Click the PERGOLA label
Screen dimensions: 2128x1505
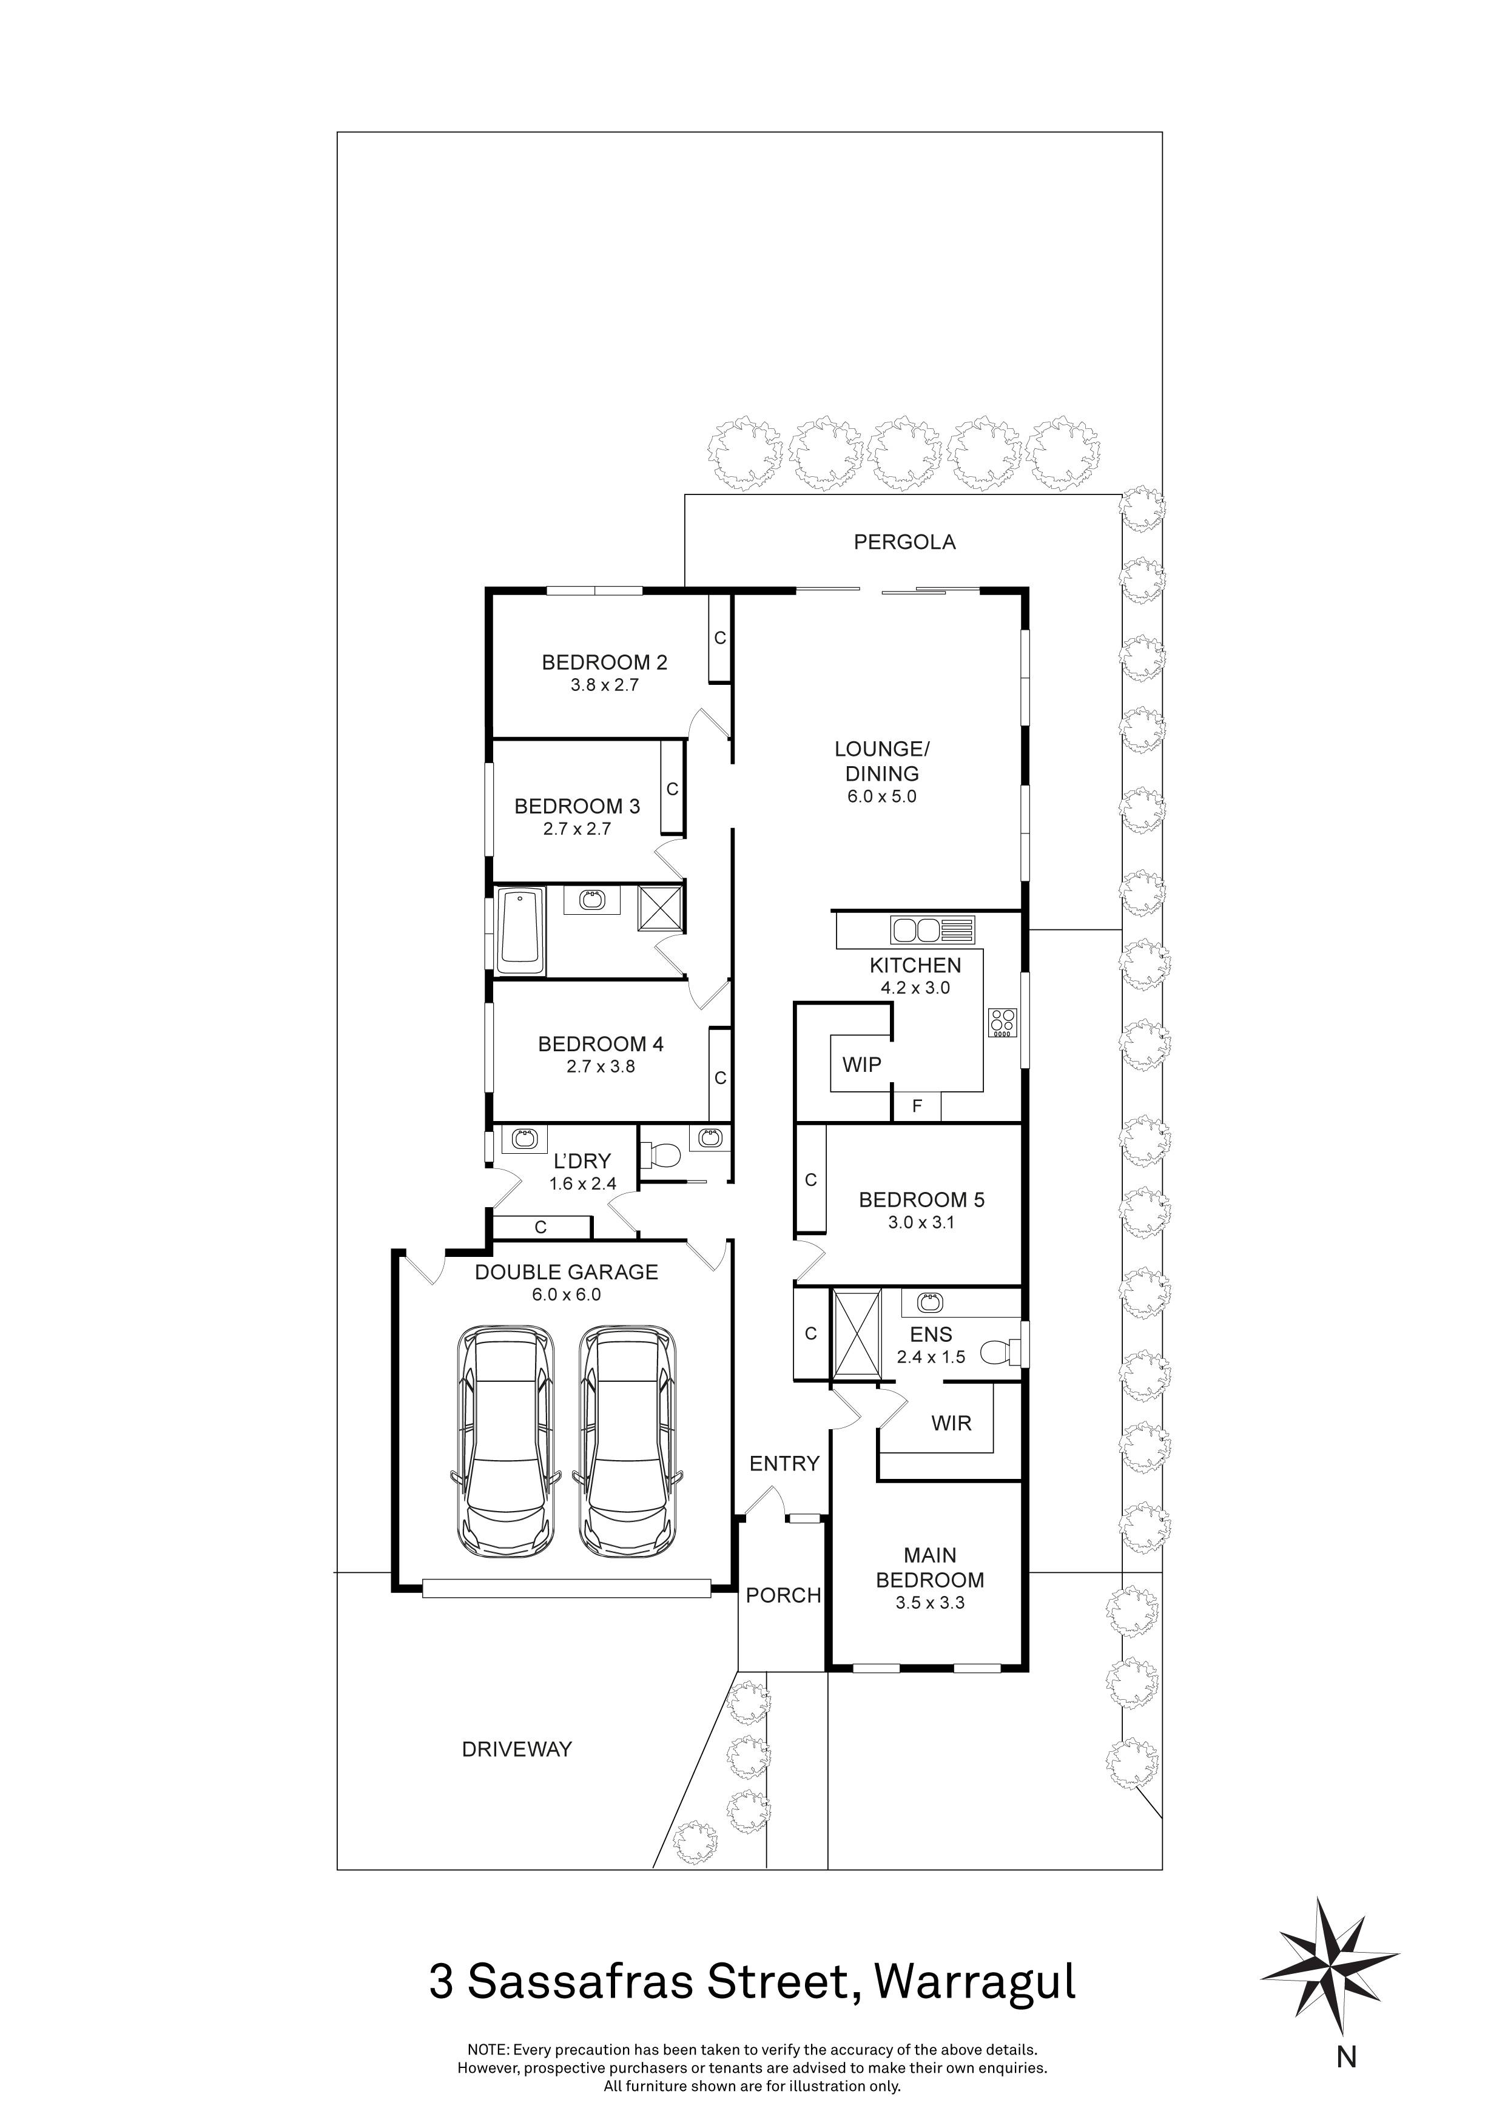coord(904,542)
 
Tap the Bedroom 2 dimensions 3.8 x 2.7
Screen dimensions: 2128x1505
coord(604,686)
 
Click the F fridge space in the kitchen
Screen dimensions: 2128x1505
coord(917,1106)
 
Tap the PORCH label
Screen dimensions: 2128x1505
coord(783,1595)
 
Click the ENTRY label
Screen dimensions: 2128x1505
coord(784,1464)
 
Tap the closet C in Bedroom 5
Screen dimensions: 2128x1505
coord(810,1180)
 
